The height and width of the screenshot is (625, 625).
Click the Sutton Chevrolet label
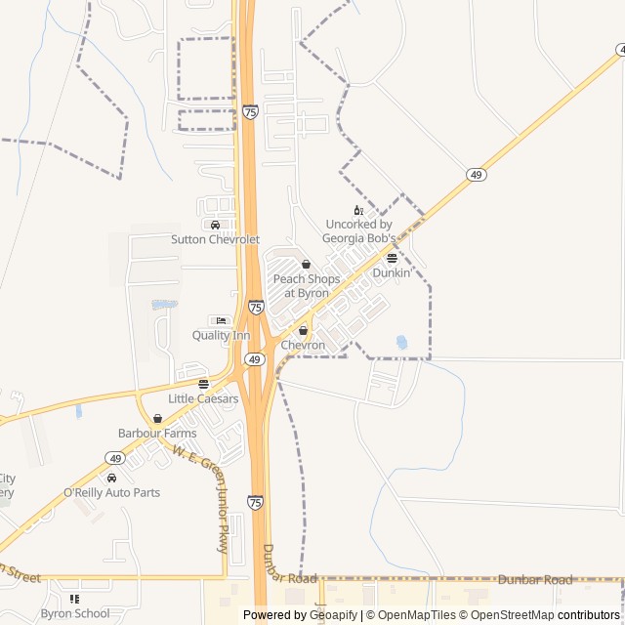tap(215, 239)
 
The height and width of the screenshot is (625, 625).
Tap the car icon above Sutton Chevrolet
tap(215, 226)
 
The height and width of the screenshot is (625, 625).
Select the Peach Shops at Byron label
tap(307, 285)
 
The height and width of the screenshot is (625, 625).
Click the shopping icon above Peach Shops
tap(307, 265)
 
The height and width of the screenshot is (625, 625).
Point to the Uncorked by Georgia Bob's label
tap(359, 230)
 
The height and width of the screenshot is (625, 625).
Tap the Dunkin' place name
tap(392, 273)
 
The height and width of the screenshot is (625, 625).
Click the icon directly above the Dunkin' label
tap(392, 259)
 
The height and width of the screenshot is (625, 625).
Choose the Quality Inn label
tap(221, 336)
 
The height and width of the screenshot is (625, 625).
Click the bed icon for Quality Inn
tap(221, 321)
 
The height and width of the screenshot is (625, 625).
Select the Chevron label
tap(303, 346)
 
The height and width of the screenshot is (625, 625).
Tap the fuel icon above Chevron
tap(303, 331)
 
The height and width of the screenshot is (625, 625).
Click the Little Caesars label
tap(203, 398)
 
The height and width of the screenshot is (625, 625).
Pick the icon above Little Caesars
tap(203, 384)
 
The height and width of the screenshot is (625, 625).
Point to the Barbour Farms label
tap(157, 433)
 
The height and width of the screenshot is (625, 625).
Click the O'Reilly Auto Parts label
tap(111, 493)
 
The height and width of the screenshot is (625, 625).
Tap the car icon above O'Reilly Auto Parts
tap(111, 479)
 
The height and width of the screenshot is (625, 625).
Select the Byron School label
tap(75, 614)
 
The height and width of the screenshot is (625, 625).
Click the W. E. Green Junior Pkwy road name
tap(202, 499)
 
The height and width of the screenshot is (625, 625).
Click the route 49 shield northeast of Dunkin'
tap(476, 175)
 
